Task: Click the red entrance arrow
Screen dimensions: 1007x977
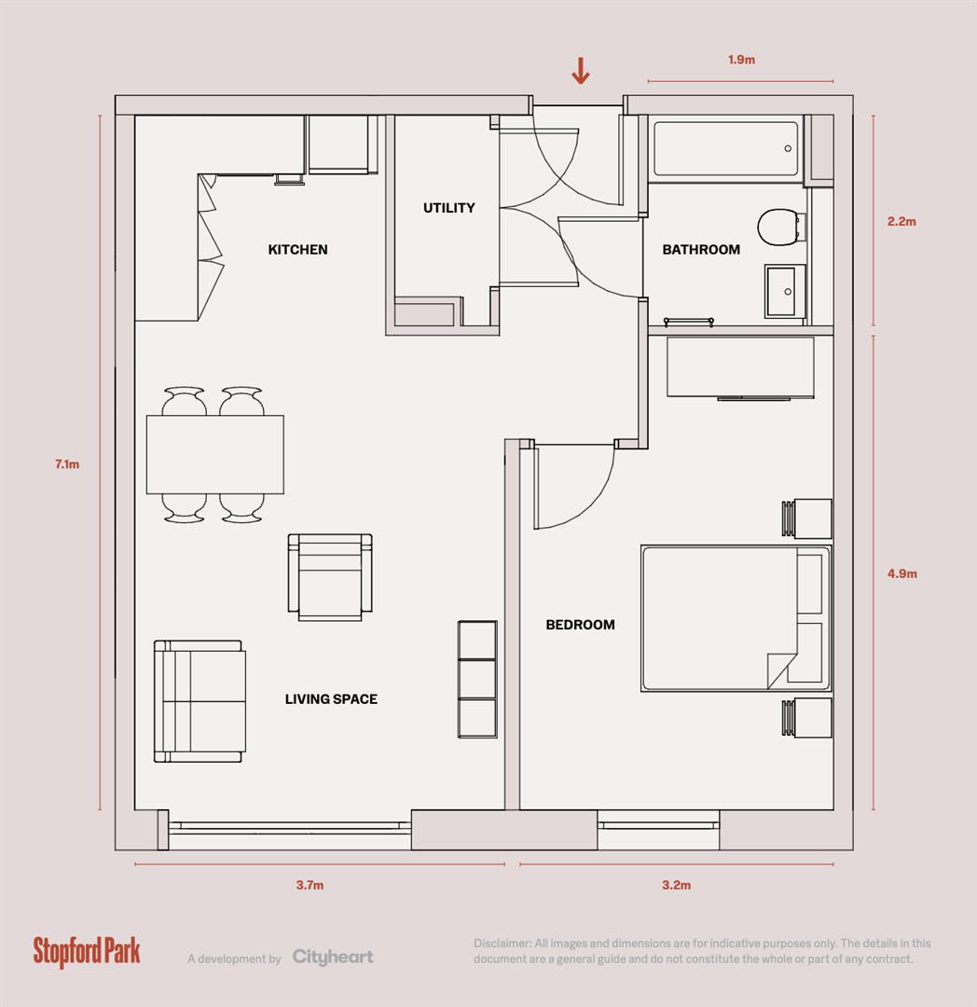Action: (x=580, y=71)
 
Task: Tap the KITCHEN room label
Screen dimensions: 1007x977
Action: (x=297, y=250)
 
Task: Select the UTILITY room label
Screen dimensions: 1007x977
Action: (x=448, y=208)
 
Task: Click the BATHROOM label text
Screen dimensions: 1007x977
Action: (x=701, y=250)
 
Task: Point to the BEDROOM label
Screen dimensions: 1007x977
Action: (x=580, y=625)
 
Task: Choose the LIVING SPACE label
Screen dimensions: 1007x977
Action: (x=331, y=699)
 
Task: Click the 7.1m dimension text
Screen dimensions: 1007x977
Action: (x=67, y=464)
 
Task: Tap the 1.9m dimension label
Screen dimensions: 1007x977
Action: (x=741, y=60)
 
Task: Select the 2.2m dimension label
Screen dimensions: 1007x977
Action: (x=901, y=222)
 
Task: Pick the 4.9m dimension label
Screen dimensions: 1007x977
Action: (x=901, y=574)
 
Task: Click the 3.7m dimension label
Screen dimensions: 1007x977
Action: (x=310, y=885)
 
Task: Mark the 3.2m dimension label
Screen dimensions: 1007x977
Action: (x=676, y=885)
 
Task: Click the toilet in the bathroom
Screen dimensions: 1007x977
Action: (x=778, y=227)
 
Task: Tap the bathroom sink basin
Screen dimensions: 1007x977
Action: (x=785, y=291)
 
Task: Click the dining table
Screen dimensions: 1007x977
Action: (x=215, y=454)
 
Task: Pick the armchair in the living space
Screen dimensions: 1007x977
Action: (x=330, y=577)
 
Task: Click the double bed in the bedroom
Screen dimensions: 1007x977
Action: (x=736, y=618)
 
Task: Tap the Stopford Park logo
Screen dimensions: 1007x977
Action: (x=87, y=950)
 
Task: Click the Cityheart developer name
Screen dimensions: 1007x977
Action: (x=333, y=957)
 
